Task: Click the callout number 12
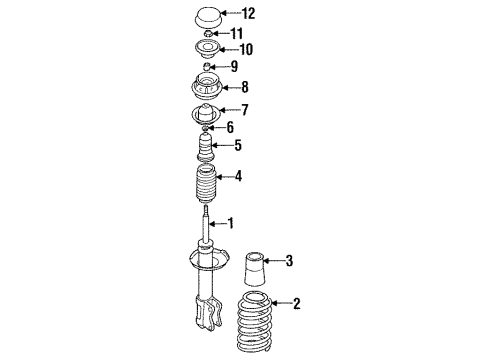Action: pyautogui.click(x=248, y=13)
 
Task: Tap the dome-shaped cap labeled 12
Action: pyautogui.click(x=207, y=18)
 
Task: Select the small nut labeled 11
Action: pyautogui.click(x=208, y=33)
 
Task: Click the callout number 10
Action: pyautogui.click(x=246, y=49)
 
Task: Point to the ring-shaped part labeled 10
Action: pyautogui.click(x=207, y=49)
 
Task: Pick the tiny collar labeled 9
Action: pyautogui.click(x=207, y=66)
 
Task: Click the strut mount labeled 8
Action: pyautogui.click(x=207, y=86)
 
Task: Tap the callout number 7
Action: pyautogui.click(x=245, y=110)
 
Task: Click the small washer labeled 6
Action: pyautogui.click(x=206, y=127)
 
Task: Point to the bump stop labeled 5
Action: pyautogui.click(x=206, y=147)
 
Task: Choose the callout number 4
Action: pyautogui.click(x=238, y=176)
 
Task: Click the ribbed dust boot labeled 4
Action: pyautogui.click(x=206, y=184)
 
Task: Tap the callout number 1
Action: pyautogui.click(x=230, y=223)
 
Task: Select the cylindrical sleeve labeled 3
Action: pyautogui.click(x=255, y=269)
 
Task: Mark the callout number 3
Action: pyautogui.click(x=289, y=260)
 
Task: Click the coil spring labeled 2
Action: pyautogui.click(x=255, y=322)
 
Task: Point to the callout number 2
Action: pyautogui.click(x=296, y=303)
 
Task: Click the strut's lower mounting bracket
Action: pyautogui.click(x=208, y=313)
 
